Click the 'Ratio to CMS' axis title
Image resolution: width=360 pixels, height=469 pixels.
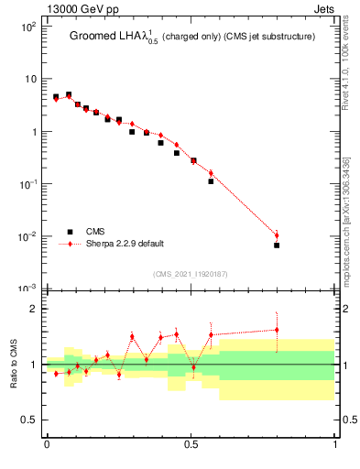click(14, 364)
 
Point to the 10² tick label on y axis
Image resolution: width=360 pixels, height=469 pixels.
click(27, 27)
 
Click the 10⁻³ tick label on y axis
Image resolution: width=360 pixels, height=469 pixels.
click(27, 289)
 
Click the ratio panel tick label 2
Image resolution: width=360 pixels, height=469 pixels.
click(33, 309)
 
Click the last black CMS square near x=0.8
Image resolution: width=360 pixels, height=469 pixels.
click(277, 245)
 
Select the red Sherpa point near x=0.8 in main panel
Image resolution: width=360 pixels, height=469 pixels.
click(277, 235)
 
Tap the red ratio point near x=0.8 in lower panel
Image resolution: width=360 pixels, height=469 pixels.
click(277, 330)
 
